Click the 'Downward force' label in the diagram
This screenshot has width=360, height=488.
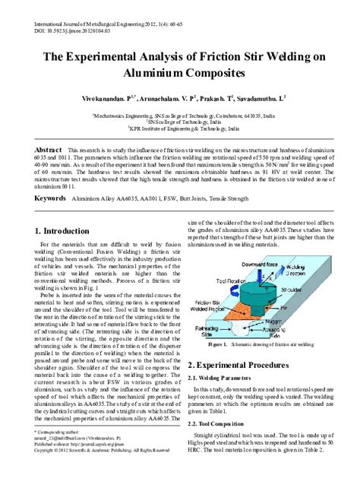tap(261, 264)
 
